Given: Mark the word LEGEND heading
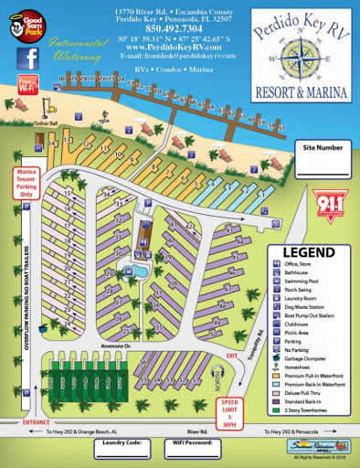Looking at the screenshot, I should tap(308, 251).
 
